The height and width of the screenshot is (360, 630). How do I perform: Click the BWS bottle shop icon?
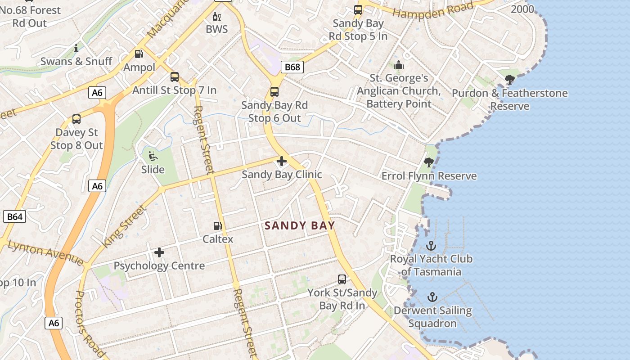pyautogui.click(x=217, y=17)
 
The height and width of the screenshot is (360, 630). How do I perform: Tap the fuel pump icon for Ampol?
pyautogui.click(x=139, y=54)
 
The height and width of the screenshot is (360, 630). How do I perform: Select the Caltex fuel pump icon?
pyautogui.click(x=217, y=226)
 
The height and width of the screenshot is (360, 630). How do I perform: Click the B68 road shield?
pyautogui.click(x=292, y=67)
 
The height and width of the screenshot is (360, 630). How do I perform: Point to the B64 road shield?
pyautogui.click(x=14, y=216)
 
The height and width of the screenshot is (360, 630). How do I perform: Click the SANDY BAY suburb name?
pyautogui.click(x=300, y=225)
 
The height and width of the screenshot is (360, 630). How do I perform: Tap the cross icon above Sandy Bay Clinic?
pyautogui.click(x=282, y=161)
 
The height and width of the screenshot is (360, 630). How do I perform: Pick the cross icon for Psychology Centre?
pyautogui.click(x=159, y=252)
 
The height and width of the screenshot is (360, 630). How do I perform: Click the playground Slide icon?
pyautogui.click(x=153, y=157)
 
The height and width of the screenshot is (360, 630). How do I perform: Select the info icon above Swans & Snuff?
pyautogui.click(x=76, y=48)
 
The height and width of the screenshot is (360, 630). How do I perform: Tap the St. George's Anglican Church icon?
pyautogui.click(x=399, y=65)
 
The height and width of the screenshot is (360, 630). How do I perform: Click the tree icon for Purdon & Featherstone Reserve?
pyautogui.click(x=510, y=80)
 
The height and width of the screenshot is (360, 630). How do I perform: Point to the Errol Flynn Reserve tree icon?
pyautogui.click(x=429, y=162)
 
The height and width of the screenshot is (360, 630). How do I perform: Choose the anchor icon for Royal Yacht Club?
pyautogui.click(x=431, y=246)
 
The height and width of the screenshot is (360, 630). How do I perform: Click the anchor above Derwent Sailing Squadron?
pyautogui.click(x=432, y=297)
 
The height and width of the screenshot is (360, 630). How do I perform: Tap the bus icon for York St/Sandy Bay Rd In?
pyautogui.click(x=342, y=279)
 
